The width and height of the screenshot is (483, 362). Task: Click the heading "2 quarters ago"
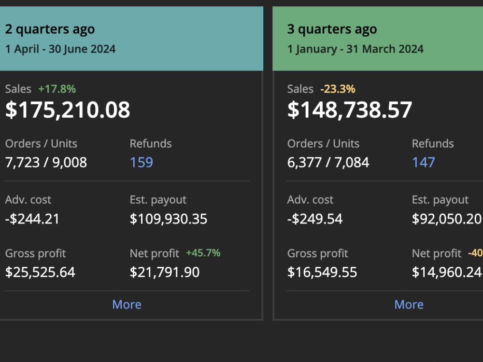click(50, 29)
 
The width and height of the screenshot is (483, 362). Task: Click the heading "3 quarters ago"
click(332, 29)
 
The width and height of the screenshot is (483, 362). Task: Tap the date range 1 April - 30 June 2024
click(60, 49)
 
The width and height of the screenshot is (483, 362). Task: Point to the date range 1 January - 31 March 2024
click(355, 49)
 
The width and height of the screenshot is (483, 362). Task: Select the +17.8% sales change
click(57, 89)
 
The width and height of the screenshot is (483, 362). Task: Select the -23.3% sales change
click(338, 89)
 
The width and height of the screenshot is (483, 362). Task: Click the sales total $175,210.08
click(68, 110)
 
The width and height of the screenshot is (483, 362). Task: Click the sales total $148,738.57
click(350, 110)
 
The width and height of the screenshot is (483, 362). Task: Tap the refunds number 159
click(142, 162)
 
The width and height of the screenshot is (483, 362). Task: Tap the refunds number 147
click(424, 162)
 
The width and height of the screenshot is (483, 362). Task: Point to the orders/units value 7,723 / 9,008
click(46, 163)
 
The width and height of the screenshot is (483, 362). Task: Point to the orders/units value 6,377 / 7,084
click(328, 163)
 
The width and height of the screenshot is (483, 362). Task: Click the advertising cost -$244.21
click(32, 219)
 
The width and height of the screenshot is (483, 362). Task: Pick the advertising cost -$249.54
click(315, 219)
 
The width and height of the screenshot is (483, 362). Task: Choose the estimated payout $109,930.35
click(169, 219)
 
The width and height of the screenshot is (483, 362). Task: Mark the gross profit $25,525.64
click(41, 272)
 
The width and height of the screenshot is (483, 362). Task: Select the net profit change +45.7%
click(203, 253)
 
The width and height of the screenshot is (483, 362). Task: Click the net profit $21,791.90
click(165, 272)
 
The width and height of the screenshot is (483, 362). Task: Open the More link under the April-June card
click(127, 305)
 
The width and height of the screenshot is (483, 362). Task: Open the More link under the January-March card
click(409, 305)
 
